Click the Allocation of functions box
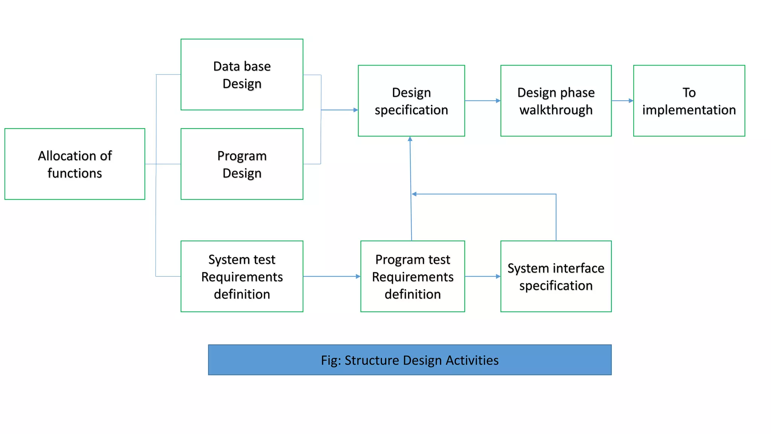75,164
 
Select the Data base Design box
242,75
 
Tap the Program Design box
242,164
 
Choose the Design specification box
411,101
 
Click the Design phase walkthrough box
556,101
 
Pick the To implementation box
689,101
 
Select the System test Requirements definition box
242,276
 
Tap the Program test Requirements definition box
412,276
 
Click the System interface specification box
556,276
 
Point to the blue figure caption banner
410,360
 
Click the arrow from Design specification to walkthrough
482,101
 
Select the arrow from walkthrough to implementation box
622,101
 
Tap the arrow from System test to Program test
331,277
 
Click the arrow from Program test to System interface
482,277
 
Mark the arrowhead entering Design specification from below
410,139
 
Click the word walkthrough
556,110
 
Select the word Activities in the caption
472,360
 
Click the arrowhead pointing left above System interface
414,194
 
